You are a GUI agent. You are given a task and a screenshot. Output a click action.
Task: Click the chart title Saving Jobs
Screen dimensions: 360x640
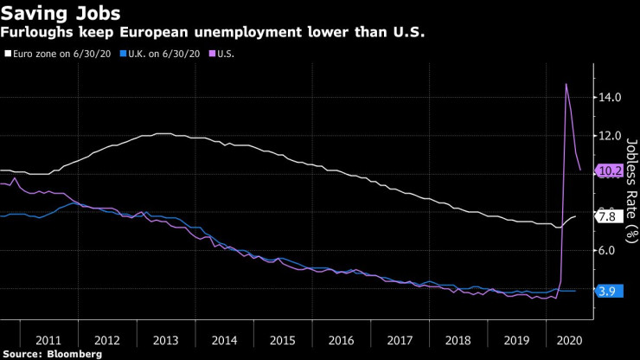click(61, 14)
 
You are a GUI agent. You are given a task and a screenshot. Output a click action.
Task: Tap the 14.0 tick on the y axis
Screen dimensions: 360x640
click(609, 98)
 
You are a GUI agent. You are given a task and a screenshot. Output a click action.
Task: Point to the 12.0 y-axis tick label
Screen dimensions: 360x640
click(609, 136)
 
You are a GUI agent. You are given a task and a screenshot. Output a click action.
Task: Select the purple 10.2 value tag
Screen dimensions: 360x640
click(609, 170)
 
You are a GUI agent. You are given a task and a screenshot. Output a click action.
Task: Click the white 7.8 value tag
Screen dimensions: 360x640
click(606, 216)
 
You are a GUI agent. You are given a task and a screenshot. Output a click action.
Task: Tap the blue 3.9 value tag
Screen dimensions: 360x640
click(606, 292)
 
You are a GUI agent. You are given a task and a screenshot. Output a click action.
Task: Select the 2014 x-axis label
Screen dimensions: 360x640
click(223, 341)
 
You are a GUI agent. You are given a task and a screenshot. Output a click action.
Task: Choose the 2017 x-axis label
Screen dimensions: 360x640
click(400, 341)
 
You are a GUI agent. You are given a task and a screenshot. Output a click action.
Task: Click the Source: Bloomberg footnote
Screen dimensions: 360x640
click(52, 354)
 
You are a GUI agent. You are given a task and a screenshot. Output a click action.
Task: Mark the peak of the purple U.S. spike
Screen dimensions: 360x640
click(566, 84)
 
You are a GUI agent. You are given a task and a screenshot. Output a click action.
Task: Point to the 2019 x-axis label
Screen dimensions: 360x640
click(517, 341)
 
